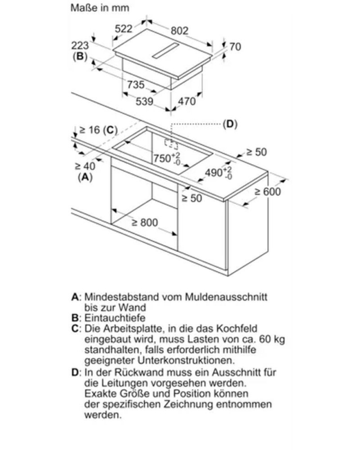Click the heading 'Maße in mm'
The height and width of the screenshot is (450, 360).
[100, 8]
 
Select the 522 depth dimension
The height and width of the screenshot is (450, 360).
[124, 29]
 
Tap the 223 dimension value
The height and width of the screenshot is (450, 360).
[81, 46]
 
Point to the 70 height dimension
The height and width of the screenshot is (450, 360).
[235, 47]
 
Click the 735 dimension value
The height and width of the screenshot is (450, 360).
[135, 85]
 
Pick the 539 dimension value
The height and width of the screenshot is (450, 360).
[145, 101]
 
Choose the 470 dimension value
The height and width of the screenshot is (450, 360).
[187, 101]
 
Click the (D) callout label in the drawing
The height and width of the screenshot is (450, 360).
[229, 124]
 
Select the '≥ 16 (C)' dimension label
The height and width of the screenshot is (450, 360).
[97, 130]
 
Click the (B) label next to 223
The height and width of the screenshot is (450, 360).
[80, 56]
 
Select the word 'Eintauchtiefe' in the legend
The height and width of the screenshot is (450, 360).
[111, 318]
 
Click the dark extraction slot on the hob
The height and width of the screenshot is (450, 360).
[174, 51]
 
